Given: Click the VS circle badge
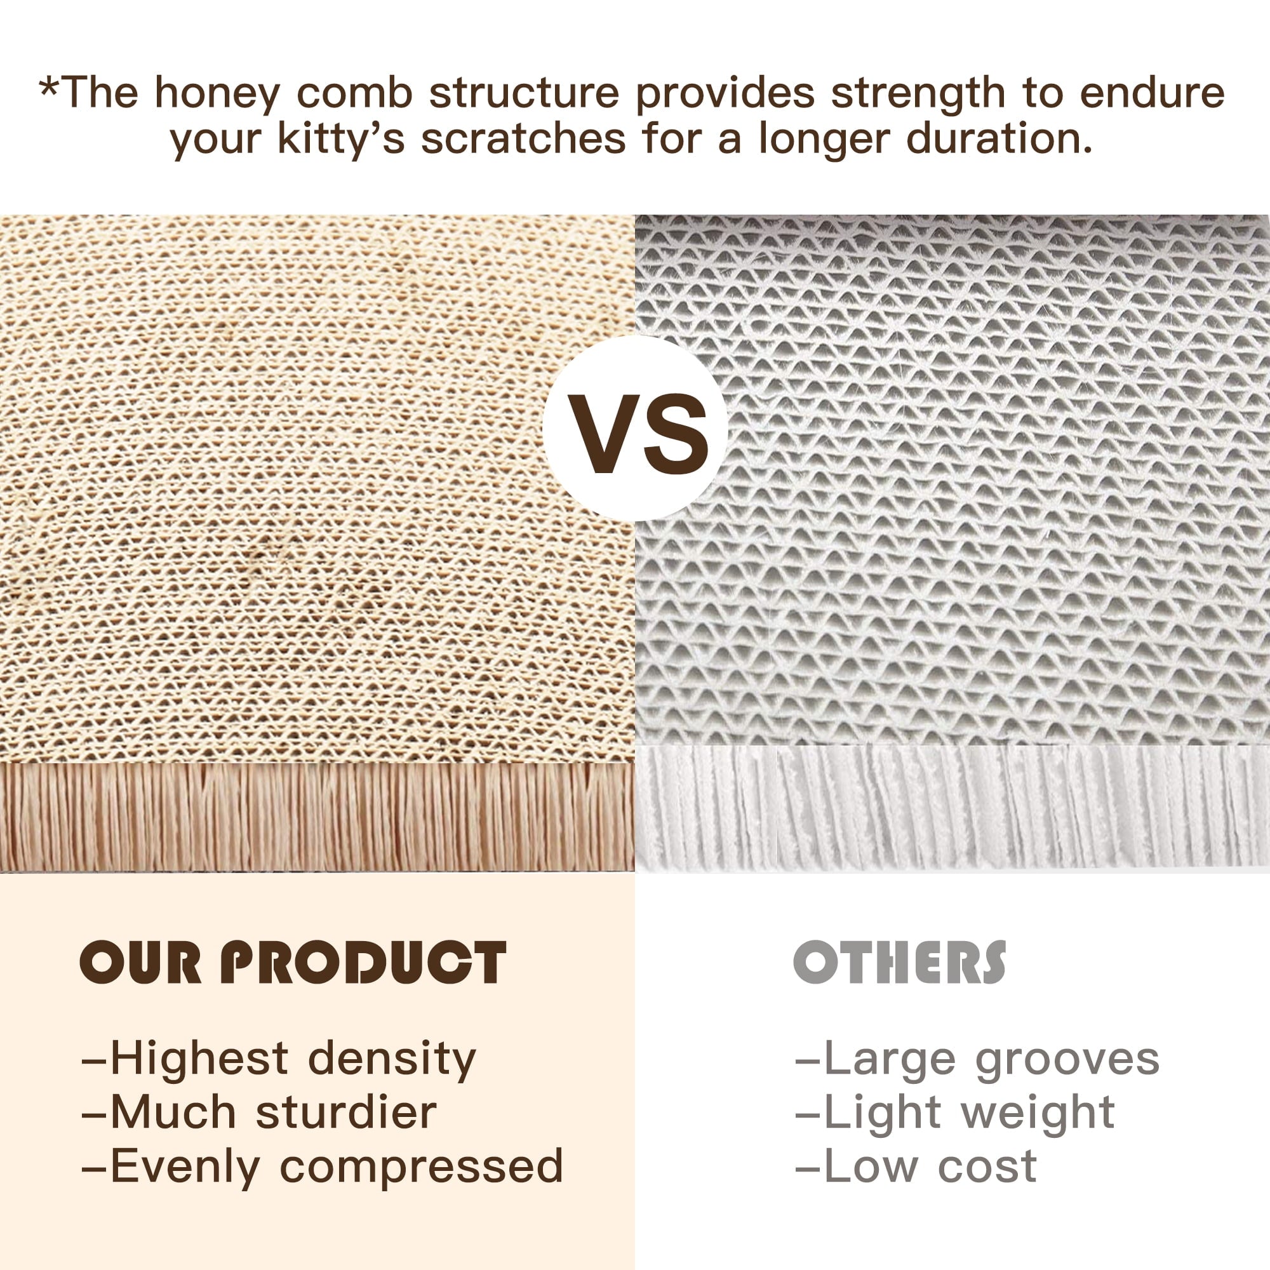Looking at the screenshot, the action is click(x=635, y=429).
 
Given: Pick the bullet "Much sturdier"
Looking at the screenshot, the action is click(x=259, y=1114).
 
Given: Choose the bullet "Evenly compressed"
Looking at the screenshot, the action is click(x=322, y=1168).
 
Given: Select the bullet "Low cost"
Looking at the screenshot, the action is click(x=916, y=1168).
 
